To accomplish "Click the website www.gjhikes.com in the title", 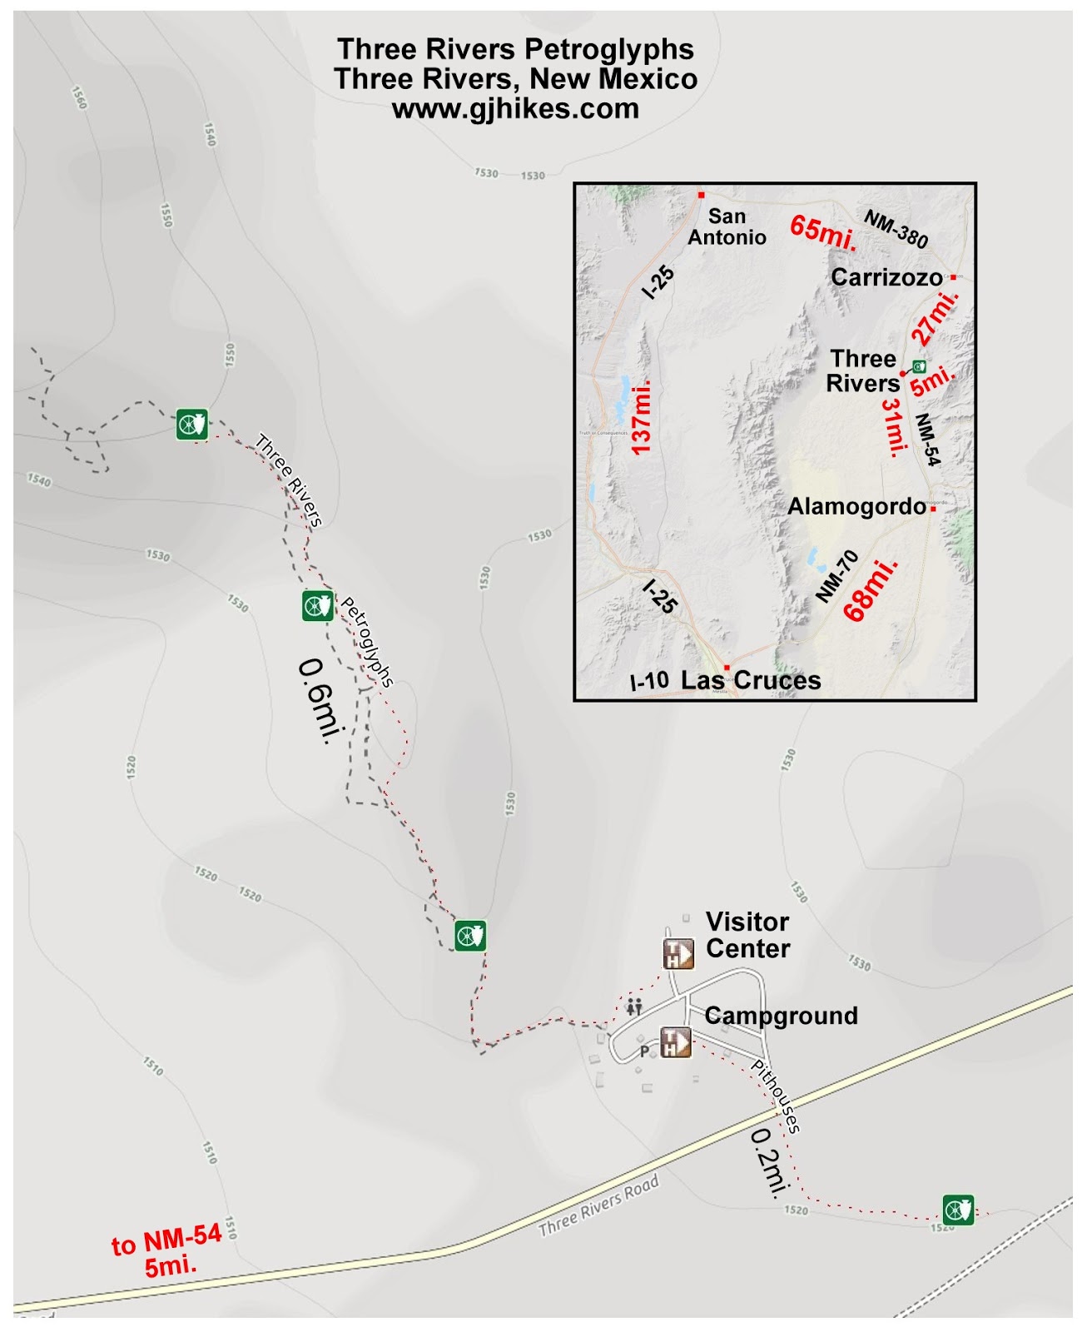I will (515, 109).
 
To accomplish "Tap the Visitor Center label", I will (747, 935).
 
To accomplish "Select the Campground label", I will (781, 1016).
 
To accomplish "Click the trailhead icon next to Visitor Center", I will (678, 953).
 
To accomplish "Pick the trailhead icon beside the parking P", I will (676, 1041).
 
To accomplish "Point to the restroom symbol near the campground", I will (635, 1006).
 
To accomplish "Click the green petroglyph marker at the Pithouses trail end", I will (958, 1209).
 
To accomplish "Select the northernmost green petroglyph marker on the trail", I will (192, 424).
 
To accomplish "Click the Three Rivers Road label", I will (598, 1205).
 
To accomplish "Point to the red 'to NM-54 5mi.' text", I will (167, 1250).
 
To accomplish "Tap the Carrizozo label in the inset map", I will (886, 277).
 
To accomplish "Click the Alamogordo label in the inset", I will (856, 506).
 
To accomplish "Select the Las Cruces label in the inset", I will (751, 680).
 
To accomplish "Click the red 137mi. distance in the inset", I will (641, 417).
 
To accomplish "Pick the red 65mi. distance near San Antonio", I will (822, 231).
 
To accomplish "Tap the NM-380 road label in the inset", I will (896, 229).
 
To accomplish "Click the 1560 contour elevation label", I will (79, 98).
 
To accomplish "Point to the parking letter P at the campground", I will (643, 1051).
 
